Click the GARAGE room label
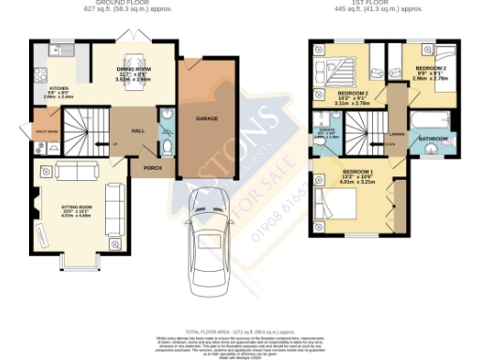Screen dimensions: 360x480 tap(207, 119)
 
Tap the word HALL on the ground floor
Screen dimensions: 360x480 tap(138, 131)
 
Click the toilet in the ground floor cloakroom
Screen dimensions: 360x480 tap(166, 146)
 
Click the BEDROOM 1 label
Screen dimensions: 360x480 tap(358, 172)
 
